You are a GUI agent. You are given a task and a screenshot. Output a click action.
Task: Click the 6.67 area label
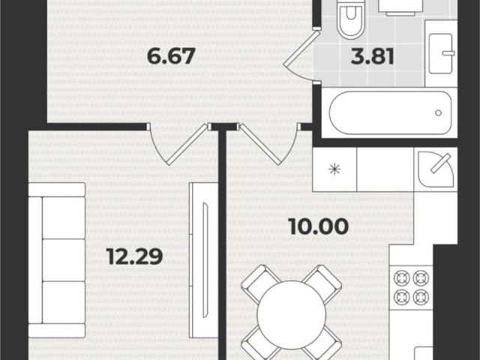click(x=171, y=56)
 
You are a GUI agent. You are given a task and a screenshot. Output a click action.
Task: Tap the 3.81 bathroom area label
click(x=372, y=56)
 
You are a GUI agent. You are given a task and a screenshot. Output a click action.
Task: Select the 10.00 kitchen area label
click(x=319, y=226)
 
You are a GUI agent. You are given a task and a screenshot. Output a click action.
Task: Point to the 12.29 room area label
click(x=135, y=256)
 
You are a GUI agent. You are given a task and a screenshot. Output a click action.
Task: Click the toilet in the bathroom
click(x=351, y=18)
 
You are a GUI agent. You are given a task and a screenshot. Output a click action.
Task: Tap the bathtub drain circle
click(x=438, y=112)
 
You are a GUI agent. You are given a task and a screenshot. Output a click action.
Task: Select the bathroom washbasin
click(x=441, y=53)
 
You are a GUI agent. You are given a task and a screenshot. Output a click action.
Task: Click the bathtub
click(x=390, y=112)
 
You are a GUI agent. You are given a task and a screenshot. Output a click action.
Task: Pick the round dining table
click(x=292, y=315)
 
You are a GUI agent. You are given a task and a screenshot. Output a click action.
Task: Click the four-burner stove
click(x=411, y=287)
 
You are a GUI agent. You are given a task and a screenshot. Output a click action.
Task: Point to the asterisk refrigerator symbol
click(x=334, y=169)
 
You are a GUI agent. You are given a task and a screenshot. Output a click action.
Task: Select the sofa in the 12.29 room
click(x=57, y=260)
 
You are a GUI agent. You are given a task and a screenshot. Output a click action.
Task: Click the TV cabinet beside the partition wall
click(x=203, y=260)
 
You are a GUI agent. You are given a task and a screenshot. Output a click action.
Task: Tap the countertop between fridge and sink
click(x=385, y=169)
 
